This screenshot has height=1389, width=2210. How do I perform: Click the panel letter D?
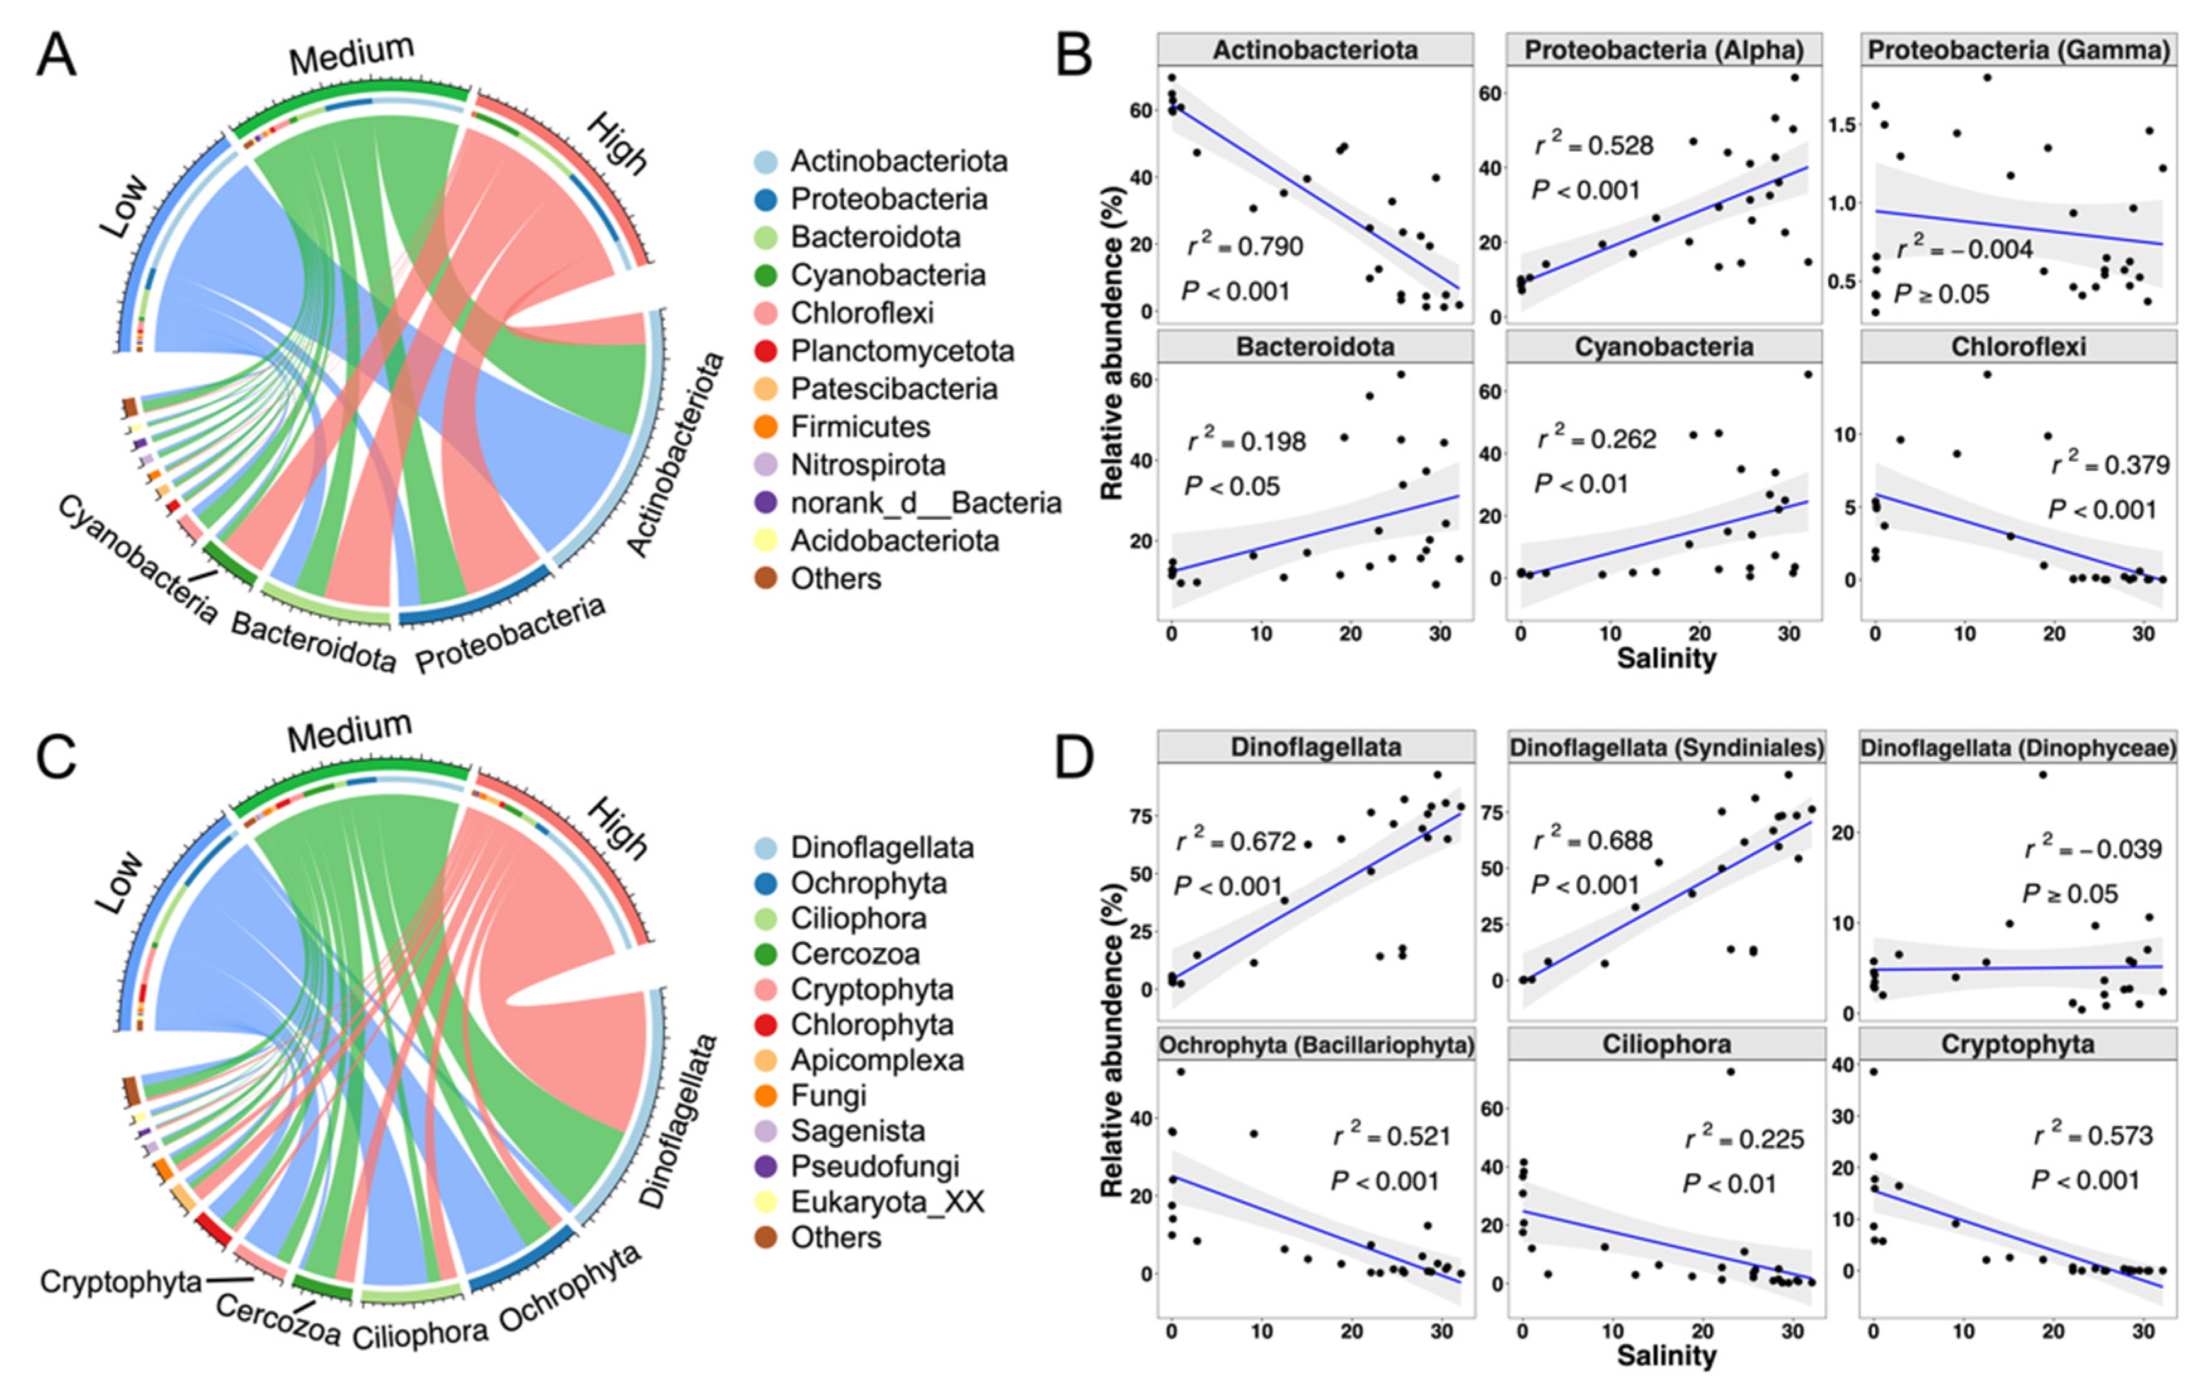(1074, 758)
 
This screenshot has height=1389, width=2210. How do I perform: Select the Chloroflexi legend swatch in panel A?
(765, 313)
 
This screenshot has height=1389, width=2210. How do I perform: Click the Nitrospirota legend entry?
(867, 466)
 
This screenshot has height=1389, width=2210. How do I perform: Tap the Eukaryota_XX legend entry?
(886, 1202)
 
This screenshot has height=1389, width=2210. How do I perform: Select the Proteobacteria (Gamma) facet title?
(2018, 50)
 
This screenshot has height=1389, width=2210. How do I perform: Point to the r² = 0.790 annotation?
(1244, 246)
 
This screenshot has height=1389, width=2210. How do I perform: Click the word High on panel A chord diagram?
(617, 144)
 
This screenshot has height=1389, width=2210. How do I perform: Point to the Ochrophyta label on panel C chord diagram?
(569, 1288)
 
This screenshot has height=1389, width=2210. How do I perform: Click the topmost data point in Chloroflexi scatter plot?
(1987, 374)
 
